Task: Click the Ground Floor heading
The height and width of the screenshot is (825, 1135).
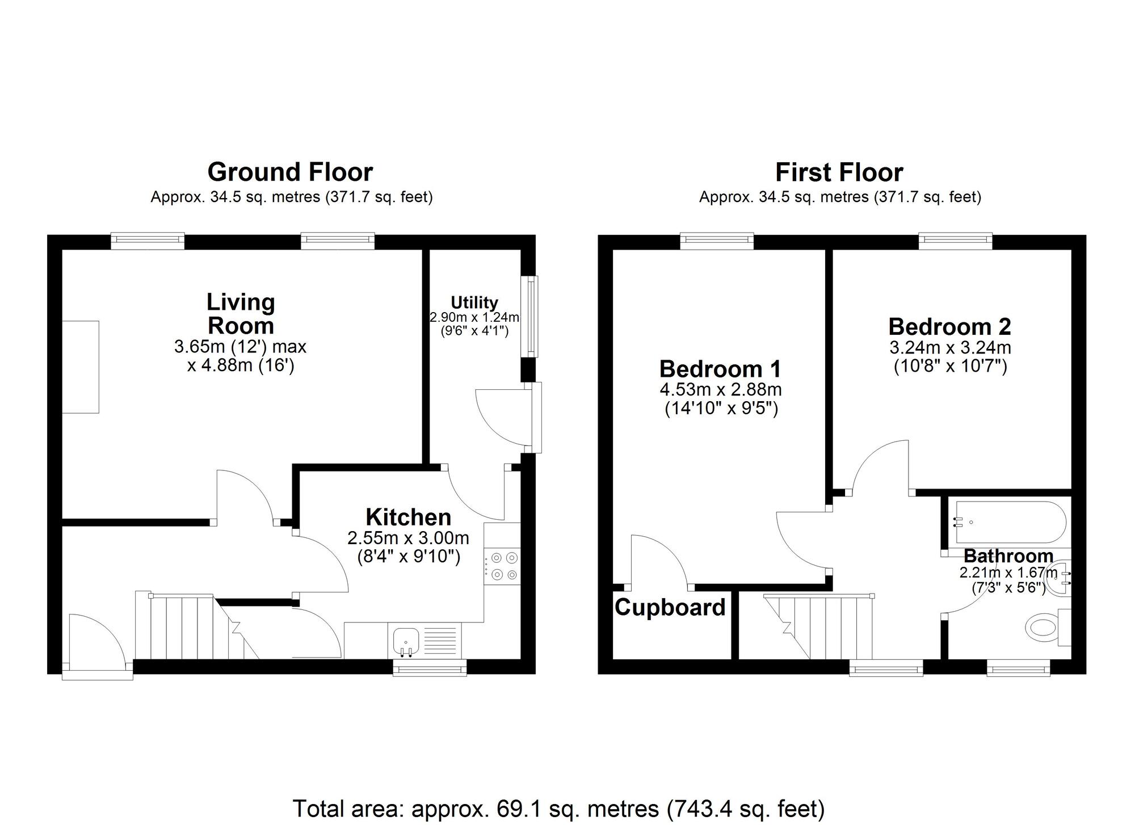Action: (290, 172)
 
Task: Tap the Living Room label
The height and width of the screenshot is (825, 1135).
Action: (241, 314)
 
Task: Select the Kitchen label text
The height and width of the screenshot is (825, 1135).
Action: (408, 517)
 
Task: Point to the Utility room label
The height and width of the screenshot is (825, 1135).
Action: (474, 302)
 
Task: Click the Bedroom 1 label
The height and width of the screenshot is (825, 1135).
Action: (720, 369)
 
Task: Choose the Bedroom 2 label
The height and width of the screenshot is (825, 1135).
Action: (949, 326)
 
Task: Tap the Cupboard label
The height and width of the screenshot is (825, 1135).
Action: (670, 607)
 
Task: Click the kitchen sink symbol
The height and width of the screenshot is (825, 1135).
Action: (406, 639)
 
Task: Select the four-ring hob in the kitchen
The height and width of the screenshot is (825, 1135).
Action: (502, 566)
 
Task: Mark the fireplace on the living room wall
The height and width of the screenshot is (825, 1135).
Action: (81, 367)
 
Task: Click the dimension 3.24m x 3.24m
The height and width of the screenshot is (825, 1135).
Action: (950, 347)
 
